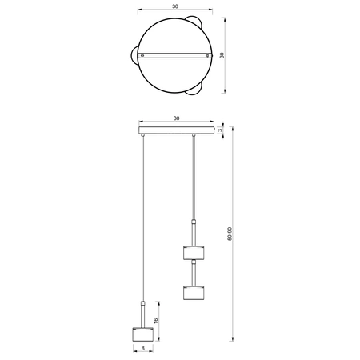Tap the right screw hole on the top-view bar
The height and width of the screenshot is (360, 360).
[x=209, y=55]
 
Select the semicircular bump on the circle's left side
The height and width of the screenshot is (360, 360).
[x=132, y=55]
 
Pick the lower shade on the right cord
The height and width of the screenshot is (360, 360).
[x=193, y=293]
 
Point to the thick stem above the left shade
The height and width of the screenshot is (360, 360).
[x=142, y=313]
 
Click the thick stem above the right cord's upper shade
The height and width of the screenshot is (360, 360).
[x=193, y=230]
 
